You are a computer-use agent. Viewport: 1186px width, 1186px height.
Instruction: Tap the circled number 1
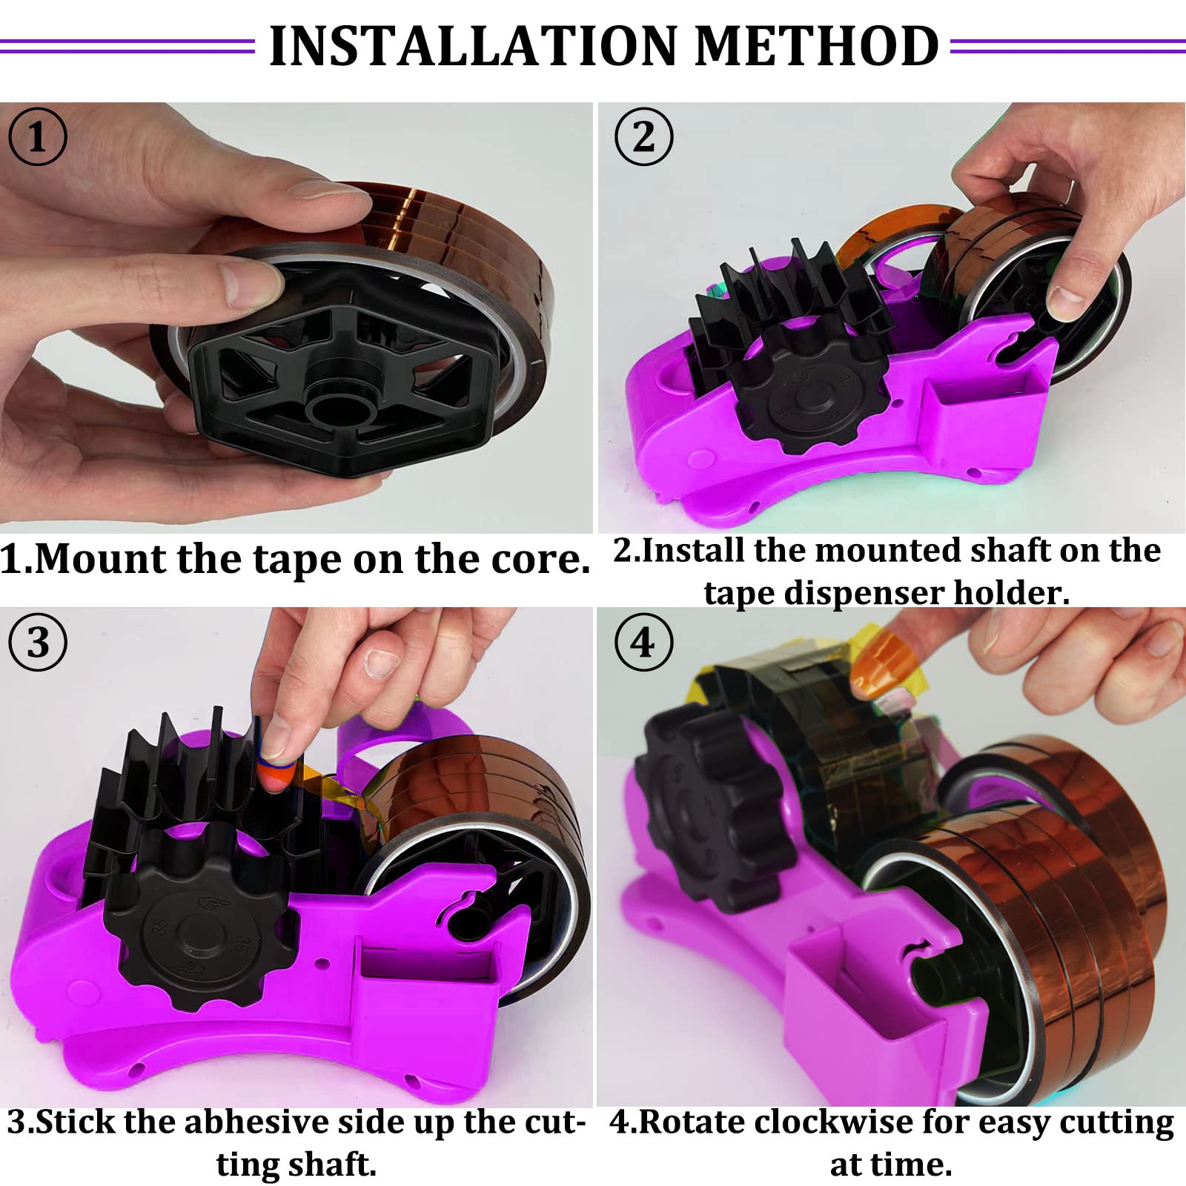(x=38, y=137)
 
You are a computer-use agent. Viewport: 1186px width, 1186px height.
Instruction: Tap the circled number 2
(x=644, y=137)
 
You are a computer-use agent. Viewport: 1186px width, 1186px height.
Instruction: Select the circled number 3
(x=38, y=643)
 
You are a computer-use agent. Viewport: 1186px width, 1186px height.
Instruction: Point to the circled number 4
(x=644, y=643)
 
